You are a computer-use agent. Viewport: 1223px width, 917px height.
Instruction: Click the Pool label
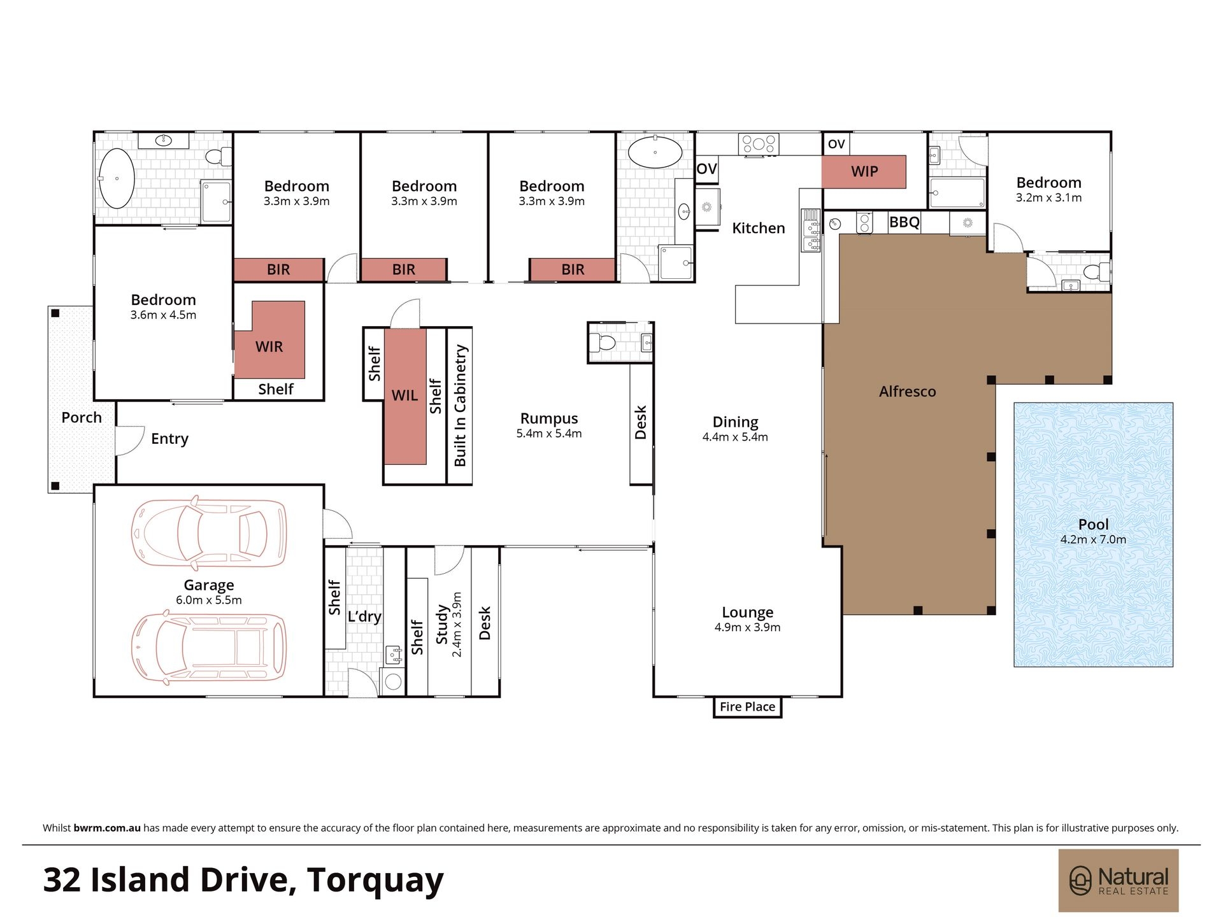[1093, 524]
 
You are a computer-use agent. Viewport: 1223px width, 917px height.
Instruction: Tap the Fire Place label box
[747, 707]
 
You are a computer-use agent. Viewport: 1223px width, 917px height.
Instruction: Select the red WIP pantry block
[864, 171]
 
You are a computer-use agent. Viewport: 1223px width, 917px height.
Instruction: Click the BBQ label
[904, 222]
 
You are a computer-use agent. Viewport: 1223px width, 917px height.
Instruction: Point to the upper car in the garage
[209, 532]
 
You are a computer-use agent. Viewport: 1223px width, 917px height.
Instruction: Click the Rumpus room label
[549, 418]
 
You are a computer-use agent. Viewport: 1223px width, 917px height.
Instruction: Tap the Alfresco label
[907, 392]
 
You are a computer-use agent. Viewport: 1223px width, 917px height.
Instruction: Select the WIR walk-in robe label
[269, 346]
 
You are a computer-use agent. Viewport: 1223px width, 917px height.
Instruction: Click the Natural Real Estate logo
[1119, 881]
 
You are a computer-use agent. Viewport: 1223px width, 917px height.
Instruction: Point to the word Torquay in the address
[375, 881]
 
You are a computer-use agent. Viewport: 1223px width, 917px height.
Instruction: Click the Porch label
[82, 418]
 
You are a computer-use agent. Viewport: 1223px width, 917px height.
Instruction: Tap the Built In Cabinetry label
[460, 406]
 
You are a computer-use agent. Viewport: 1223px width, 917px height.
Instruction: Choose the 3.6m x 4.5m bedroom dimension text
[163, 315]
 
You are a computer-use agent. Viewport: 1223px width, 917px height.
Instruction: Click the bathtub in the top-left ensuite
[116, 178]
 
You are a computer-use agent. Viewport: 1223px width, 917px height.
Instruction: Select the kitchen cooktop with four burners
[758, 143]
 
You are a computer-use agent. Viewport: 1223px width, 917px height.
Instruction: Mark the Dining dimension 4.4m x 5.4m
[735, 437]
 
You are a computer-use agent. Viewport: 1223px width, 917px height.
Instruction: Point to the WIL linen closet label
[404, 395]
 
